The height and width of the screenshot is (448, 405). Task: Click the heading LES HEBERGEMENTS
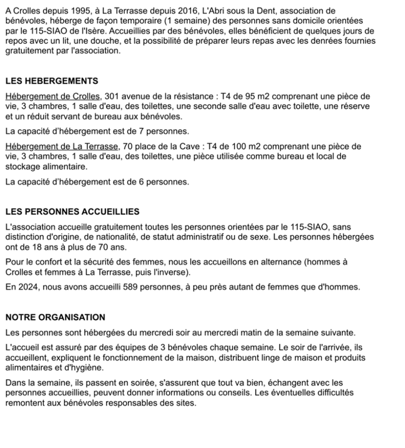coord(52,81)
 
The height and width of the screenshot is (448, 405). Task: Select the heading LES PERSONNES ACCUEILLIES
coord(72,212)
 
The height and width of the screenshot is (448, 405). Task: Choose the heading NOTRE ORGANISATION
coord(56,317)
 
